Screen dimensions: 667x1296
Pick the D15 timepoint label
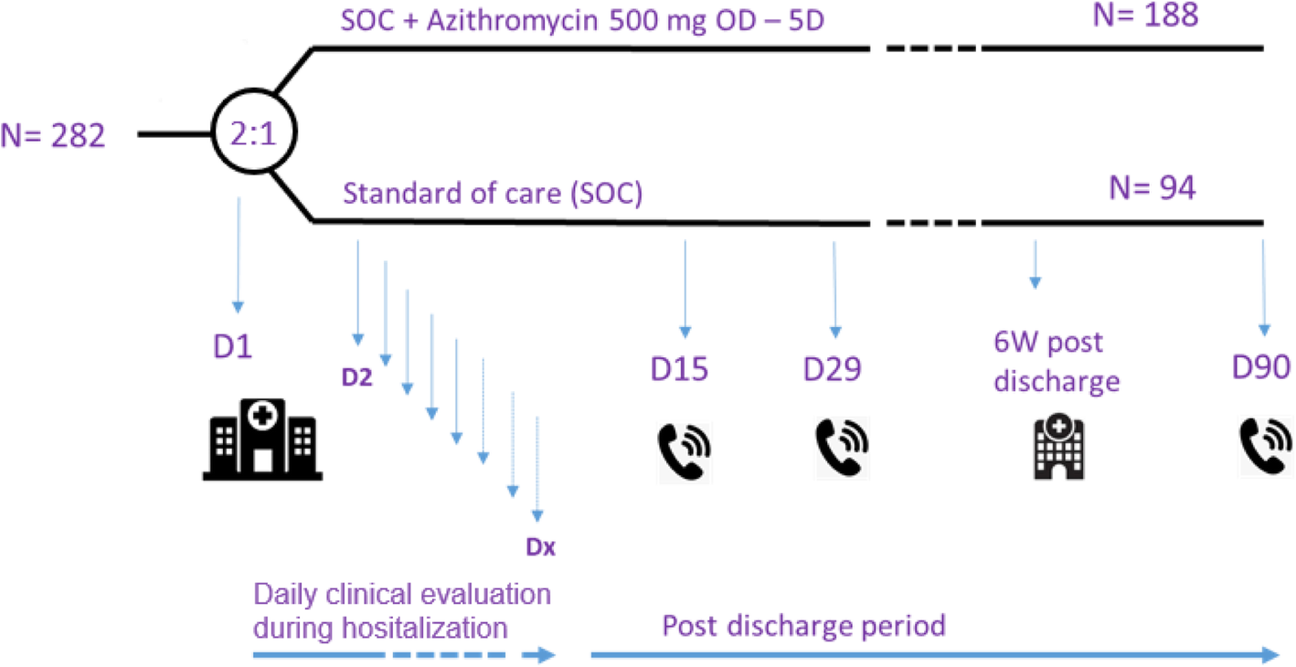point(680,369)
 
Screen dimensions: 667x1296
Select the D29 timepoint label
point(832,369)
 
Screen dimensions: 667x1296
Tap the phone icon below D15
point(684,450)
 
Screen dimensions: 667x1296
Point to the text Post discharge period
point(803,627)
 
